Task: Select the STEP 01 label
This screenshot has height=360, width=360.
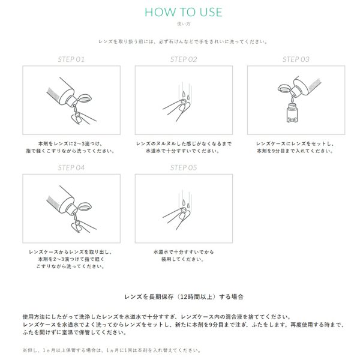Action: click(x=71, y=59)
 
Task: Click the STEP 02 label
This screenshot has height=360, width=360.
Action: click(x=184, y=59)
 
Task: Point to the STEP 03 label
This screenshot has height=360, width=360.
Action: click(x=296, y=59)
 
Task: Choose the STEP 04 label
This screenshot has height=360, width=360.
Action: click(x=71, y=168)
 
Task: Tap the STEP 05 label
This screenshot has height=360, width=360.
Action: click(x=184, y=168)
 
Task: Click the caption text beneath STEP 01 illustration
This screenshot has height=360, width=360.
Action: click(x=71, y=148)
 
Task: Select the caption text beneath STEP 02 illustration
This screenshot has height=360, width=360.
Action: click(x=184, y=148)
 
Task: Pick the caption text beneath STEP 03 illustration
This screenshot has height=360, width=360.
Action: click(x=296, y=148)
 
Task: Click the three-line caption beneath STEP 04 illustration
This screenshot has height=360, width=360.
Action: click(x=71, y=259)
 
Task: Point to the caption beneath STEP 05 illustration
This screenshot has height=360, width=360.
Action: click(x=184, y=256)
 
